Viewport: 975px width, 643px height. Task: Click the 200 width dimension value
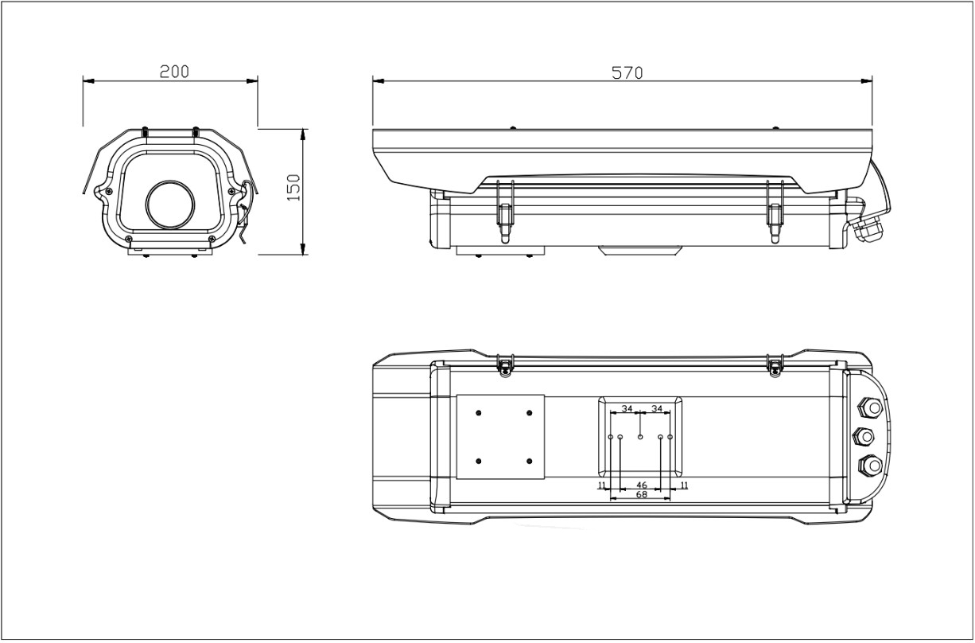(174, 72)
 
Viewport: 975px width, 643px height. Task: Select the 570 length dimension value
(627, 72)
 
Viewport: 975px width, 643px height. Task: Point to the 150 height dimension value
(295, 187)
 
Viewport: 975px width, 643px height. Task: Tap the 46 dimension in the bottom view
(642, 485)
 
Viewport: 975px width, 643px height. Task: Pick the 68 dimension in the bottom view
(642, 494)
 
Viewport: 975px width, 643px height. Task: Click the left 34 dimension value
(627, 408)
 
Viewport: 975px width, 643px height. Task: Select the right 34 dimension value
(656, 408)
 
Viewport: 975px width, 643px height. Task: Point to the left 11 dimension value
(602, 485)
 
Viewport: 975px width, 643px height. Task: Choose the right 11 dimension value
(684, 485)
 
